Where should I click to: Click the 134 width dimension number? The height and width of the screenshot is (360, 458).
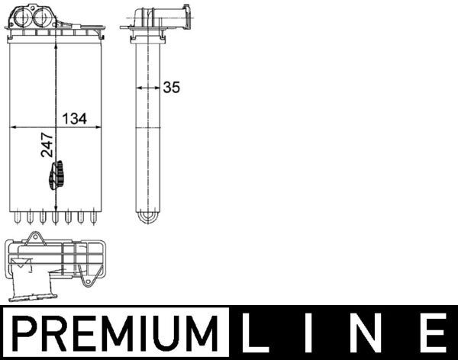point(74,118)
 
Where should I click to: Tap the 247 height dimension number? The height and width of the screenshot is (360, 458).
point(47,143)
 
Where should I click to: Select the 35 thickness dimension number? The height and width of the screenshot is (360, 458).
point(171,87)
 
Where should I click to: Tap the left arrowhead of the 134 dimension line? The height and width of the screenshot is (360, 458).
point(11,127)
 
